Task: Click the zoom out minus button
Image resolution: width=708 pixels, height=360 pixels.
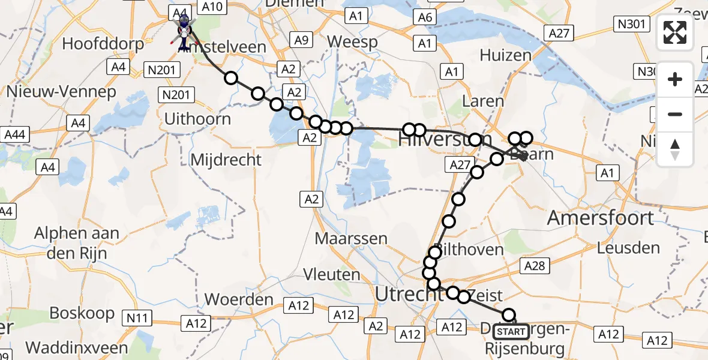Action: point(675,114)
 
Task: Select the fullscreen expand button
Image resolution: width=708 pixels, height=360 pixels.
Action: point(675,33)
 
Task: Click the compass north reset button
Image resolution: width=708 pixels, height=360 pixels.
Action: point(675,149)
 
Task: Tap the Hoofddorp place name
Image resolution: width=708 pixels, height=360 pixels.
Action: point(103,44)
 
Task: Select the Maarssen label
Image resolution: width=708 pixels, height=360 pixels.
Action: point(351,238)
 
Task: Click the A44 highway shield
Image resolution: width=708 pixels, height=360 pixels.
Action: point(14,134)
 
